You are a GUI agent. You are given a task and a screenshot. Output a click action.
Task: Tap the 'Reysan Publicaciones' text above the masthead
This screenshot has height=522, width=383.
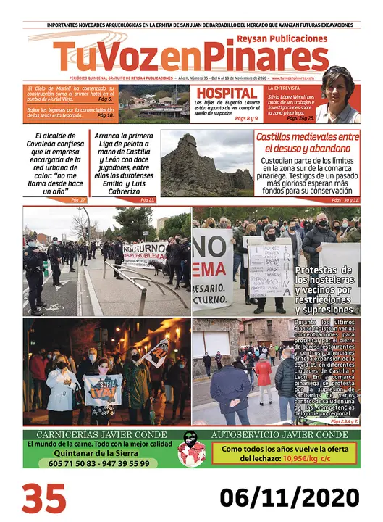point(282,38)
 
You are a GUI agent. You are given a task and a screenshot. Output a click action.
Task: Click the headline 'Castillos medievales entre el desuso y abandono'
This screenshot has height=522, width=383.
point(307,141)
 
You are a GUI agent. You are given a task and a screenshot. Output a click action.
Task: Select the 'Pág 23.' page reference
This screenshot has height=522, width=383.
point(147,199)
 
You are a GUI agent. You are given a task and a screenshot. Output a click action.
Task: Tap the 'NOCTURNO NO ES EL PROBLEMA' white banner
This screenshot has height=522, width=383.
point(144,253)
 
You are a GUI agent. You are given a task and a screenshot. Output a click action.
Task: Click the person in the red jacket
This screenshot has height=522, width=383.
point(263,373)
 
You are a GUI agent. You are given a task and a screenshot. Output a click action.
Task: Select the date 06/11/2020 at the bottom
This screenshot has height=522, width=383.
point(290,498)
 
